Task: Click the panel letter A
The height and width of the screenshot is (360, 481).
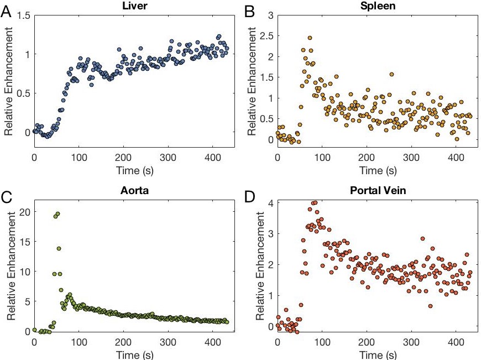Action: (x=6, y=12)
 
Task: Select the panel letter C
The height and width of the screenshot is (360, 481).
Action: (x=7, y=195)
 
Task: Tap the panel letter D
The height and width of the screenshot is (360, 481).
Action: (x=248, y=195)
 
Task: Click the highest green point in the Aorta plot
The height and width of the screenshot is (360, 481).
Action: (x=58, y=213)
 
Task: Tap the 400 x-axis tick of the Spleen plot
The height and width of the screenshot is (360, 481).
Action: (x=456, y=156)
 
